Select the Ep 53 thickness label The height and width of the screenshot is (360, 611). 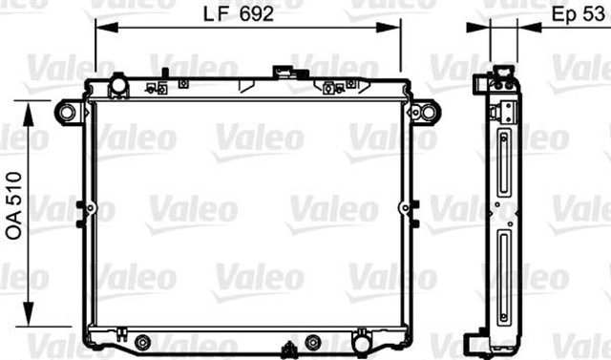580,15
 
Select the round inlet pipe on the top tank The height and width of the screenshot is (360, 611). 118,86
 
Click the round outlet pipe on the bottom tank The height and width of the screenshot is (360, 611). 363,341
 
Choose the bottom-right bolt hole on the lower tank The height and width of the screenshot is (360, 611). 312,342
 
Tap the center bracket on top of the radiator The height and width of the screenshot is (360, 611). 283,72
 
